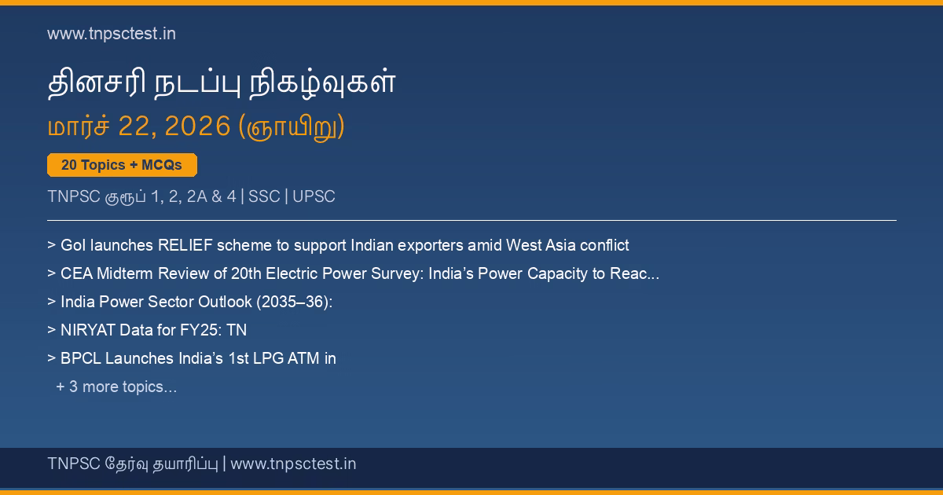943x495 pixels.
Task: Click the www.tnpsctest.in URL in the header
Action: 112,34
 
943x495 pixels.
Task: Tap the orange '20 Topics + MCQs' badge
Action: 122,165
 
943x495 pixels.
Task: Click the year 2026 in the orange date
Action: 197,126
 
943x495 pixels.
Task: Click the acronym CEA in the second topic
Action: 77,273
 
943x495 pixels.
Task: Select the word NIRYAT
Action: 88,330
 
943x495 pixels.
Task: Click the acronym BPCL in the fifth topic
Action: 81,358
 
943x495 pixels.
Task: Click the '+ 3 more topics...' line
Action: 116,387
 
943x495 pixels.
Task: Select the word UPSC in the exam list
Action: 314,196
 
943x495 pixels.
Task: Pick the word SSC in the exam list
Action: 264,196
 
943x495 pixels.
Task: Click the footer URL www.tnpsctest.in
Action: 293,464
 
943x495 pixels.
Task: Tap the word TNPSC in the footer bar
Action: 74,464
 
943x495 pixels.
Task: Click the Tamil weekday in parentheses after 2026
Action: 292,127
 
